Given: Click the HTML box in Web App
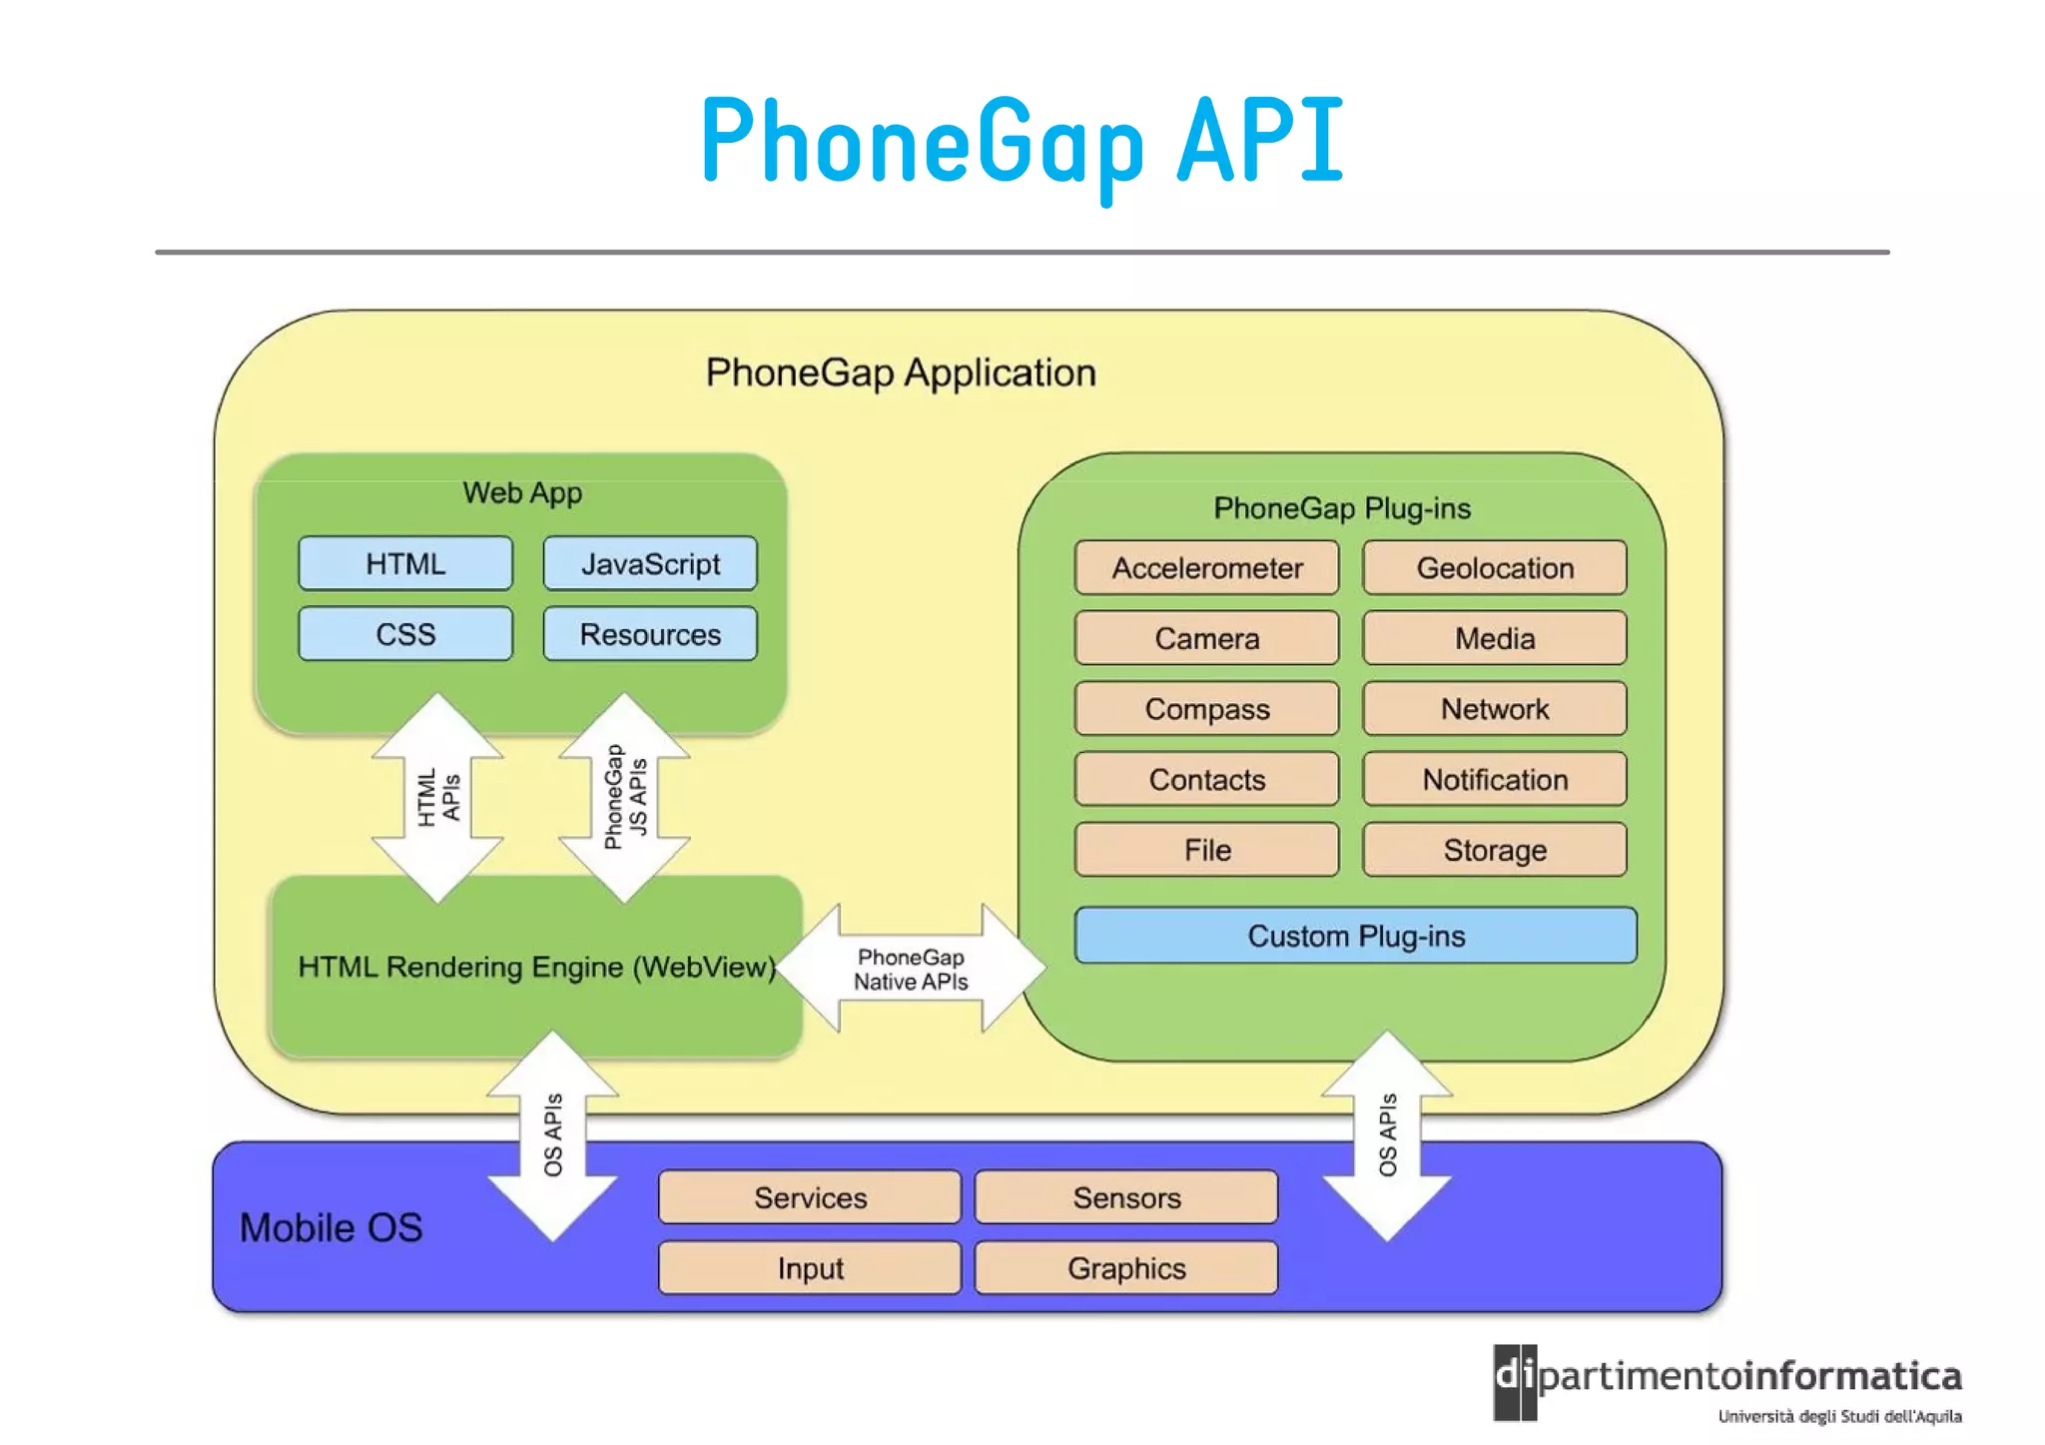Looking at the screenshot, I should coord(405,564).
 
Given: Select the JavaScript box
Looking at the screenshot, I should coord(650,564).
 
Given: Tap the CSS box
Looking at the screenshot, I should coord(405,634).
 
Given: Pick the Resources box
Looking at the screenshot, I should coord(650,634).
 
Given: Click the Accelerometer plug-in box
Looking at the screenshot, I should coord(1206,568).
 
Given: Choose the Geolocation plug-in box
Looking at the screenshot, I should coord(1494,568).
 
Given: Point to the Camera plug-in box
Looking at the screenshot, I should coord(1206,638).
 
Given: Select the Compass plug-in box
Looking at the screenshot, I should coord(1206,709).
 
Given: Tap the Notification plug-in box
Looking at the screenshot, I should coord(1494,779).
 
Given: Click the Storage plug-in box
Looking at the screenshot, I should coord(1494,850).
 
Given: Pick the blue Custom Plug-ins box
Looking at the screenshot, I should coord(1355,936).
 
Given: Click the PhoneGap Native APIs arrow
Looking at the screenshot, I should coord(911,969).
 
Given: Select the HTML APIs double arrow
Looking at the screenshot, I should coord(437,797).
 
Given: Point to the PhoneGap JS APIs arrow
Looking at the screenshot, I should coord(624,797).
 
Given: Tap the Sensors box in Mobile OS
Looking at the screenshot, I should coord(1126,1197).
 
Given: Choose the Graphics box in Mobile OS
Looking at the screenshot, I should coord(1126,1268).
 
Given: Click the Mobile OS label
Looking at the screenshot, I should coord(331,1227).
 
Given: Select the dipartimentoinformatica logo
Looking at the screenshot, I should coord(1727,1383).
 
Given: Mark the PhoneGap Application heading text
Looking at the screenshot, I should coord(901,372).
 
